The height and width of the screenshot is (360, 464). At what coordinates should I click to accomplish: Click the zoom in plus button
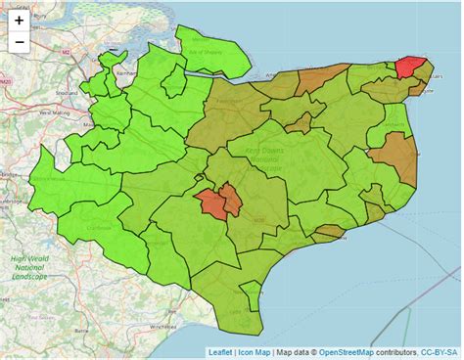[x=20, y=21]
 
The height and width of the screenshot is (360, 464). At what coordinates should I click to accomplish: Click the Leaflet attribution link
[x=220, y=351]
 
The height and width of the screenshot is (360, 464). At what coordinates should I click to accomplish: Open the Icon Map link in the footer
[x=254, y=351]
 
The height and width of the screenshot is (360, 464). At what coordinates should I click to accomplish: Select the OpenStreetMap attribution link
[x=348, y=351]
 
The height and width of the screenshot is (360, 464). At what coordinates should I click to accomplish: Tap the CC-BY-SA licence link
[x=441, y=351]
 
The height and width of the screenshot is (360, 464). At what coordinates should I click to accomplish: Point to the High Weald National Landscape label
[x=29, y=267]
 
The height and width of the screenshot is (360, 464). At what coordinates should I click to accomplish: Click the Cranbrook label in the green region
[x=99, y=227]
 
